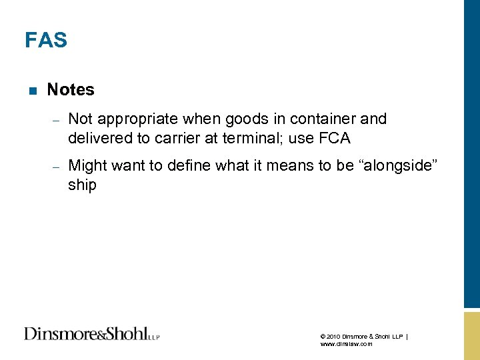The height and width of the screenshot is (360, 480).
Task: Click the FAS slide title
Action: click(x=46, y=41)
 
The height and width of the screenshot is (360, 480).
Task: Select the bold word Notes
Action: click(x=71, y=89)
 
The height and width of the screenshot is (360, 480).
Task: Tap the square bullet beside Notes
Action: click(x=31, y=90)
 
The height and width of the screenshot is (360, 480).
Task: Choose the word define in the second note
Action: click(x=175, y=165)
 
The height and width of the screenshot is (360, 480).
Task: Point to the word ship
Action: click(x=82, y=185)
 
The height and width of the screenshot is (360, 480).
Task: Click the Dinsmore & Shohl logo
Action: click(x=91, y=333)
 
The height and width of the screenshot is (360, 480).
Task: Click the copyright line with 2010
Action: click(x=363, y=337)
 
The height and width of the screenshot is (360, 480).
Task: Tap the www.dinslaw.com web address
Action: click(x=346, y=344)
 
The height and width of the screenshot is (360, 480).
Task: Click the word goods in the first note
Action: click(x=244, y=119)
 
